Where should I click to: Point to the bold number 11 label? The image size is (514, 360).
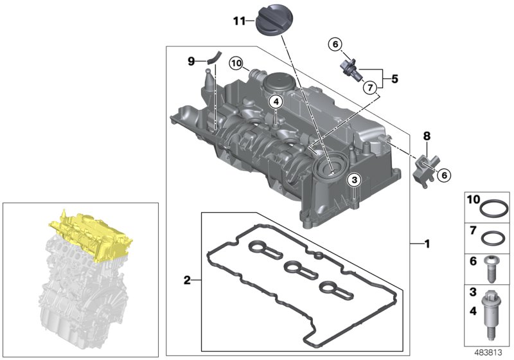(x=238, y=21)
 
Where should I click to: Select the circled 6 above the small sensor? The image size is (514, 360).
(x=334, y=44)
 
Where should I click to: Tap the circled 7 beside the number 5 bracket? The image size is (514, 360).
(x=369, y=87)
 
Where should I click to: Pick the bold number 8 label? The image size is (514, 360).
(x=425, y=136)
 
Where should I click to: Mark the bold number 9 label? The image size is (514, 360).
(x=191, y=61)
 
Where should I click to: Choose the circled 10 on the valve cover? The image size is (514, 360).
(x=236, y=63)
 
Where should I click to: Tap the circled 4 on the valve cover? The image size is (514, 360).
(x=275, y=102)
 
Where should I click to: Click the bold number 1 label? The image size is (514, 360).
(x=425, y=244)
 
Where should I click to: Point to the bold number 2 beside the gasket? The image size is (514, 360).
(x=187, y=280)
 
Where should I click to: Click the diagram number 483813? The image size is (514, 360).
(x=490, y=351)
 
